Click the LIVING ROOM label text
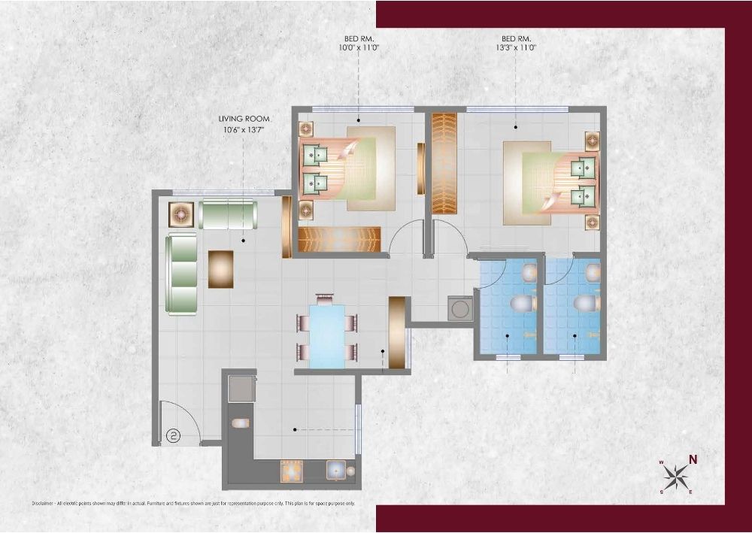244,119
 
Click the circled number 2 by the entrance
172,435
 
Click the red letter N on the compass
693,459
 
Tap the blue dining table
327,336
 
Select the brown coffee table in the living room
220,268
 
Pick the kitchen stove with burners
291,471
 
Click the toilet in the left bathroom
522,304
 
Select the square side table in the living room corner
181,214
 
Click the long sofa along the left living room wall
181,273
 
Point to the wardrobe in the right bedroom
444,163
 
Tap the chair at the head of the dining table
325,298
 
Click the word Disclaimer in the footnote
47,503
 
